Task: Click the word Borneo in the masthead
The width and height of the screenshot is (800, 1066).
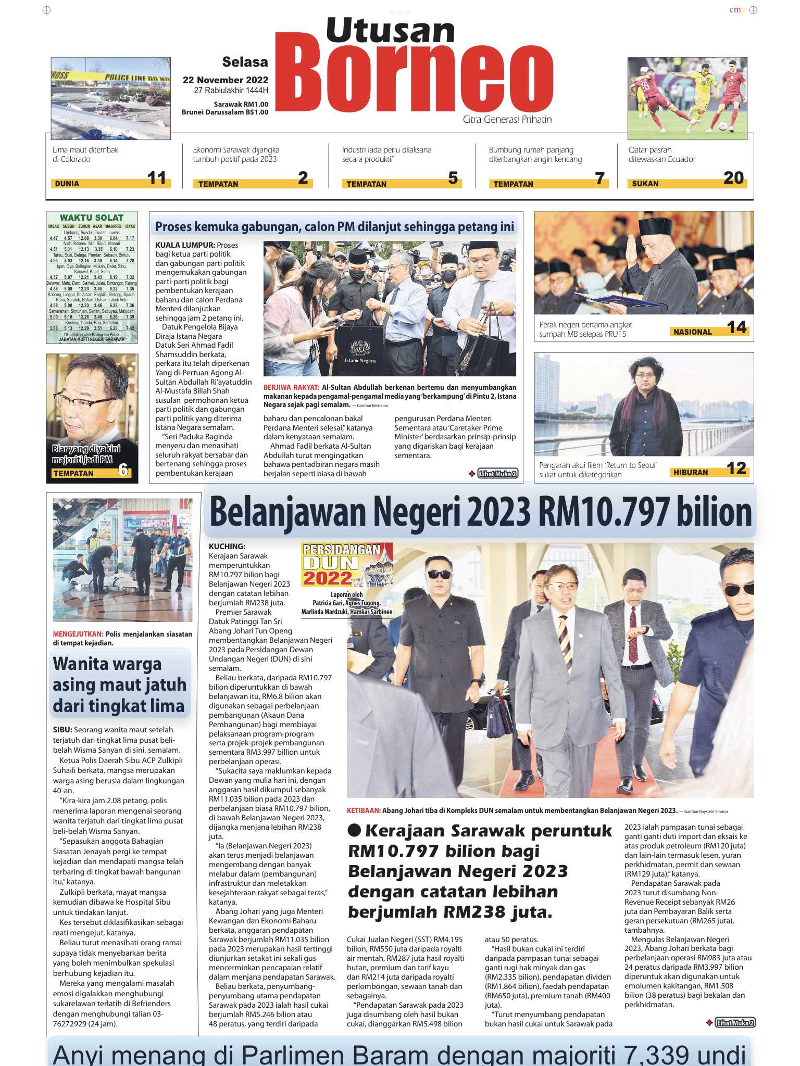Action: (x=414, y=78)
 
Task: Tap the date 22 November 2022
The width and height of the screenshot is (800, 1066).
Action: (x=225, y=80)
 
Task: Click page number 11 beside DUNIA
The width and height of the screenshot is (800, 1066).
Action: (x=156, y=178)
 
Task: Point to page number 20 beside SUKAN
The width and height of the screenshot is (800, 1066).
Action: (x=733, y=178)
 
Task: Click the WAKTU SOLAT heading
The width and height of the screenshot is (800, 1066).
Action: (x=92, y=218)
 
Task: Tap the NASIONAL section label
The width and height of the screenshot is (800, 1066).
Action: (x=692, y=332)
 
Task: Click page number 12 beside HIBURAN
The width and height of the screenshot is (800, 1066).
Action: (x=736, y=468)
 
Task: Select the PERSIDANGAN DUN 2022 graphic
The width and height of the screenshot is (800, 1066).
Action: (x=346, y=565)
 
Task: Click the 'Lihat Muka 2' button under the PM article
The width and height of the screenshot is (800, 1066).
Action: (x=497, y=474)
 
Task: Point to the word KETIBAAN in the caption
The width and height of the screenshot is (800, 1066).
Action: (x=364, y=810)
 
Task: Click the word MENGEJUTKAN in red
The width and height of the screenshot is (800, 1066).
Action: (x=78, y=634)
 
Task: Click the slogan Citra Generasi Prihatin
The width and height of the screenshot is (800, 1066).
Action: (x=507, y=120)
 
